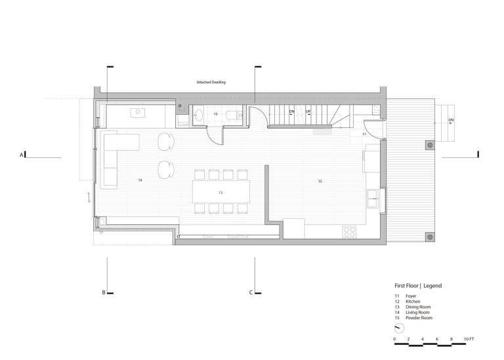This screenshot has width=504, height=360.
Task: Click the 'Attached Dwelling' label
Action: pos(211,82)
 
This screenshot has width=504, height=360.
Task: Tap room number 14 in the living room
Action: pos(140,180)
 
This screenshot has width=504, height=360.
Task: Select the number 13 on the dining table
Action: pos(220,193)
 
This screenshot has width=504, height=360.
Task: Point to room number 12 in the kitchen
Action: pos(320,182)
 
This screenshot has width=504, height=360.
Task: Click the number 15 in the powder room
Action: pos(216,114)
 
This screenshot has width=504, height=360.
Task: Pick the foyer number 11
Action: pos(364,134)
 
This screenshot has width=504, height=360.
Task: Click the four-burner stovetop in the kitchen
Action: pos(349,232)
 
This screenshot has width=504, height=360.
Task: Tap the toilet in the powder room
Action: pos(234,115)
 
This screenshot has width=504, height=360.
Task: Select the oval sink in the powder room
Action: pos(198,115)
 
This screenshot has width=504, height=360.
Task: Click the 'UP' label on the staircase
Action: pos(308,111)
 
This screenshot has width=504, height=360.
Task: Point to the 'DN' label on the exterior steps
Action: pos(451,120)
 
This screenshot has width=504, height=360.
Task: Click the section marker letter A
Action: pos(22,155)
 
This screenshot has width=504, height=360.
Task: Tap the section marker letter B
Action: pos(104,292)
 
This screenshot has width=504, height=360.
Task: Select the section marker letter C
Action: pos(251,292)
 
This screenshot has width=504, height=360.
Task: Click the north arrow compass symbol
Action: pos(399,329)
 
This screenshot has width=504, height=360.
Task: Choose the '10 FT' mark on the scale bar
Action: pos(469,339)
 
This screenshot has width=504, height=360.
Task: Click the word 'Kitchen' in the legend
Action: pos(413,302)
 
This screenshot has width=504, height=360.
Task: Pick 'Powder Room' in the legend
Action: pos(419,318)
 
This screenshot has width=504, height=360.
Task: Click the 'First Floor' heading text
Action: pos(407,286)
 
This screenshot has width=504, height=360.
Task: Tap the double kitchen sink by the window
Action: pos(373,199)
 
